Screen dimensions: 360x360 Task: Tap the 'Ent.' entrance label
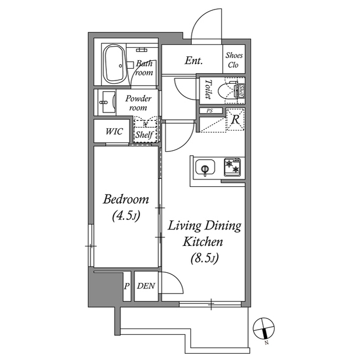193,61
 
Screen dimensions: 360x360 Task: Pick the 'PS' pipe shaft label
210,111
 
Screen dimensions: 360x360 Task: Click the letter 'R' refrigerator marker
235,119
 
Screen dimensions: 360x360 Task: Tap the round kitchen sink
204,167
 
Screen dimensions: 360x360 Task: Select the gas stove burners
233,165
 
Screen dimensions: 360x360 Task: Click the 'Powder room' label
138,102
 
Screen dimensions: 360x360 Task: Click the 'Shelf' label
145,135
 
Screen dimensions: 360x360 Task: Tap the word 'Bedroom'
125,199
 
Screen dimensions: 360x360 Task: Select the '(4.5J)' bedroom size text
125,215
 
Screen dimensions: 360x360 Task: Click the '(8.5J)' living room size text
204,259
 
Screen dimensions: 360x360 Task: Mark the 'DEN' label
146,286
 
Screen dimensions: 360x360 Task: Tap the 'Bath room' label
144,68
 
